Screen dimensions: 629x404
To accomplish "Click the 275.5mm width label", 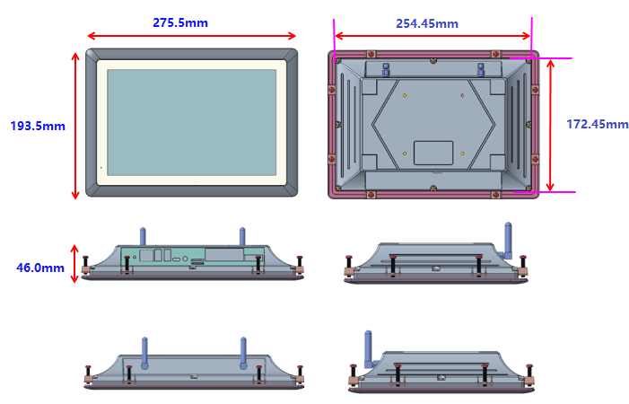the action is [180, 22].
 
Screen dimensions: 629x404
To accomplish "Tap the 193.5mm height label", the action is [38, 126].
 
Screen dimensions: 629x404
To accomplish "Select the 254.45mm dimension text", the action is [427, 23].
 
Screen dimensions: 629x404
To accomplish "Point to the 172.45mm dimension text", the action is [598, 124].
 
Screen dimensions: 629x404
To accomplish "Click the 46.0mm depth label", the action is [40, 268].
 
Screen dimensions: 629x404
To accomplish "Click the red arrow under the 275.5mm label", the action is [191, 36].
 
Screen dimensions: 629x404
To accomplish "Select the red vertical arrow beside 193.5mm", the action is [75, 126].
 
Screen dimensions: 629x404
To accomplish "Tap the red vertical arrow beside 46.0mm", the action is [74, 264].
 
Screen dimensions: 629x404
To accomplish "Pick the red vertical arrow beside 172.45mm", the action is [550, 125].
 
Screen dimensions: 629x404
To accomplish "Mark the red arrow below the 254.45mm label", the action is [432, 36].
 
